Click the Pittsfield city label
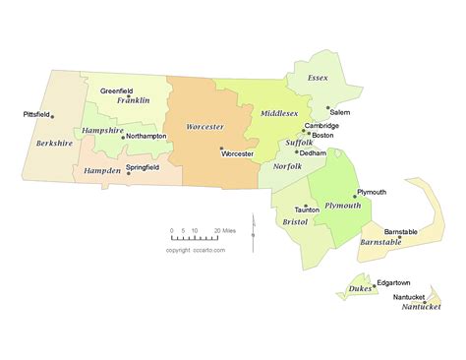click(35, 114)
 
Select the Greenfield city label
click(118, 90)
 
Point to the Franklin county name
click(133, 100)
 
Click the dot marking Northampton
click(123, 137)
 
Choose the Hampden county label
click(101, 170)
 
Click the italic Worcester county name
click(204, 127)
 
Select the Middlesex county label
click(278, 113)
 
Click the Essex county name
click(318, 77)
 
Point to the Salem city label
click(340, 113)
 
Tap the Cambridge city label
click(321, 125)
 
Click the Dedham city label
click(313, 153)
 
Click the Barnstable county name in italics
click(380, 241)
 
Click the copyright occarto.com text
click(196, 250)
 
